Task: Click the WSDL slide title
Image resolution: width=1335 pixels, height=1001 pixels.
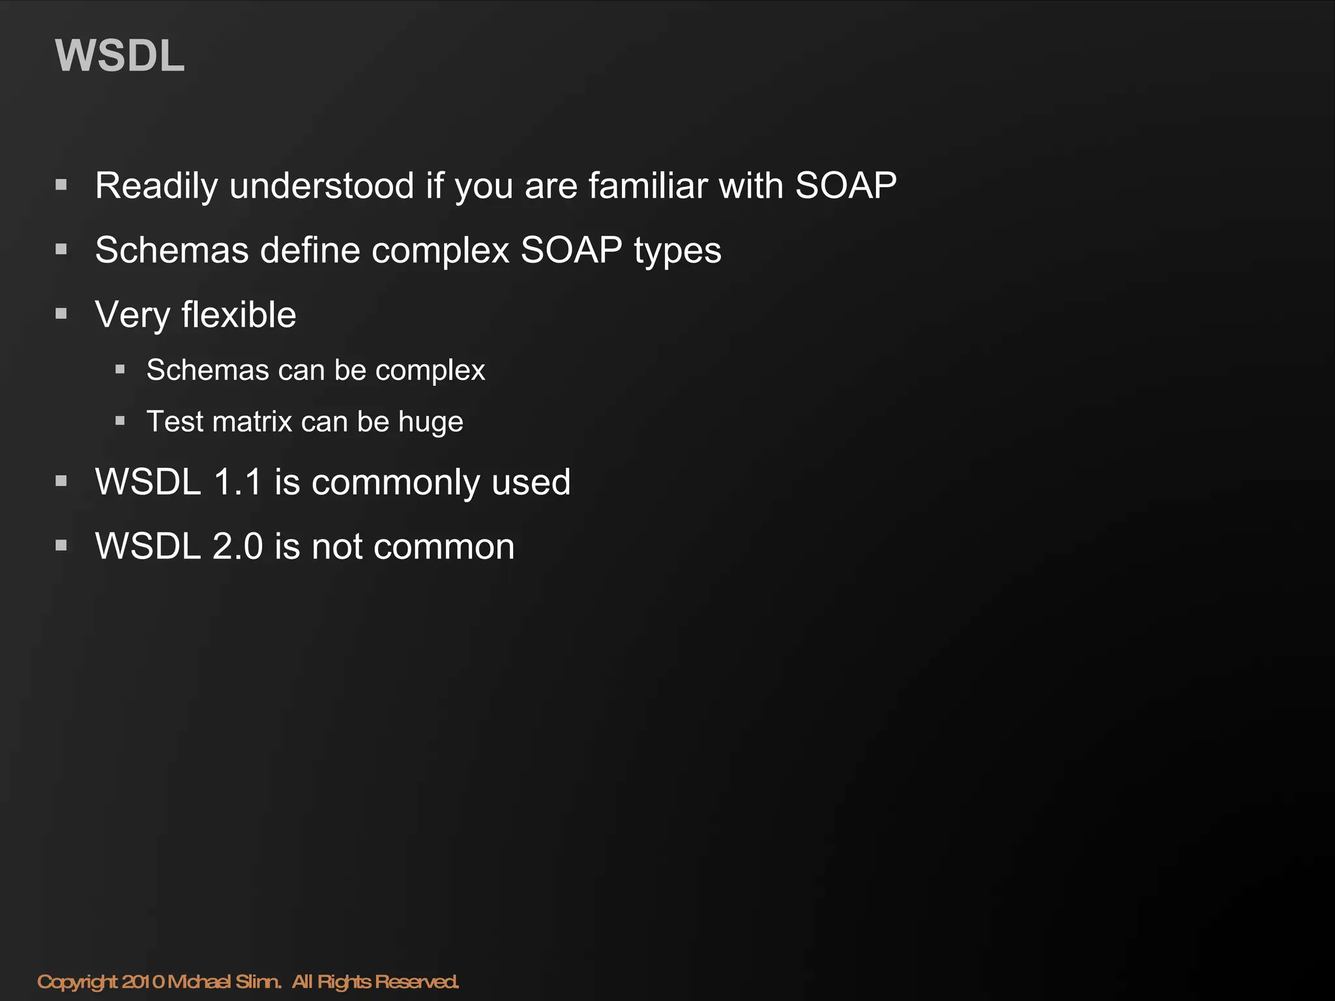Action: (x=120, y=56)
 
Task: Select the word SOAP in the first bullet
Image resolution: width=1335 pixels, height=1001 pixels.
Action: (x=845, y=186)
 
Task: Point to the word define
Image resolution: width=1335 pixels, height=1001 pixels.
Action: (x=310, y=250)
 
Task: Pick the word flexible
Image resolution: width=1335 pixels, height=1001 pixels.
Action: (x=239, y=315)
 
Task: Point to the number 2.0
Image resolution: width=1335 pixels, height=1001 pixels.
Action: (x=237, y=546)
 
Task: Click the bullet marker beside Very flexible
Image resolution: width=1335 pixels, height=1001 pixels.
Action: (x=61, y=314)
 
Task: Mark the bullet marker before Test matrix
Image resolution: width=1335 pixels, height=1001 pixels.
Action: (x=120, y=421)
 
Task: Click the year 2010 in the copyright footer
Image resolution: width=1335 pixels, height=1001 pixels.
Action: (x=143, y=981)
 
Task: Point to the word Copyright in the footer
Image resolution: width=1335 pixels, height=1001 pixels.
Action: (x=77, y=982)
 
